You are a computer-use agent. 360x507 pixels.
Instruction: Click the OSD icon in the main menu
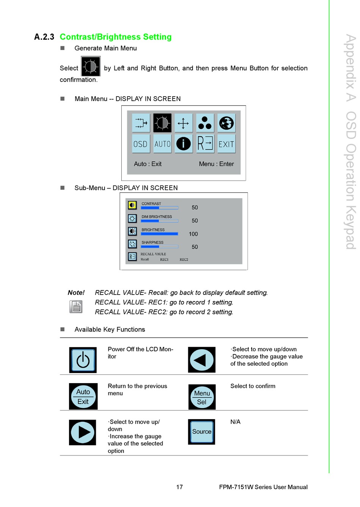pos(141,144)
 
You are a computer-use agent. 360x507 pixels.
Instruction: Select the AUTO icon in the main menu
pos(162,144)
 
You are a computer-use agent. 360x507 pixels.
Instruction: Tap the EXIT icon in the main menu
pos(226,144)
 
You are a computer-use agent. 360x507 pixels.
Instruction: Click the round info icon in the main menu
pos(183,144)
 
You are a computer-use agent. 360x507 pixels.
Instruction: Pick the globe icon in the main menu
pos(226,123)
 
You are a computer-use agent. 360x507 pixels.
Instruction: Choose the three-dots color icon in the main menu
pos(205,123)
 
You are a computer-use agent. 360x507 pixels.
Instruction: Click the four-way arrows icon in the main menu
pos(183,123)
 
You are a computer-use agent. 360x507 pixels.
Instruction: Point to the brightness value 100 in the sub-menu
pos(193,234)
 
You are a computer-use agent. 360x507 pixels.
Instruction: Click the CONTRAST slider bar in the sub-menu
pos(160,208)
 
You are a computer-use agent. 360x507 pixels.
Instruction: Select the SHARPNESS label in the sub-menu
pos(152,242)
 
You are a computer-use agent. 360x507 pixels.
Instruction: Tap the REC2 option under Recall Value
pos(184,260)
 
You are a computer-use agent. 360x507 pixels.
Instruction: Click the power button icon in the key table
pos(83,360)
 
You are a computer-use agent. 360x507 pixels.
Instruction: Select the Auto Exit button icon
pos(83,396)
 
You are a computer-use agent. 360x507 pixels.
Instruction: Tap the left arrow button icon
pos(202,360)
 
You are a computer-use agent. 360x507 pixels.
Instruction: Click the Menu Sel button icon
pos(202,397)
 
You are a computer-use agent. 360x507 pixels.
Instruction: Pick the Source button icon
pos(202,432)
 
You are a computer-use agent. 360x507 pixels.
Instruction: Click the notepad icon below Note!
pos(76,306)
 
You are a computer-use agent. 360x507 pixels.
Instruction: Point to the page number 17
pos(180,487)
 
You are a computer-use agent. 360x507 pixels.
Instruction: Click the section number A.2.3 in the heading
pos(44,37)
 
